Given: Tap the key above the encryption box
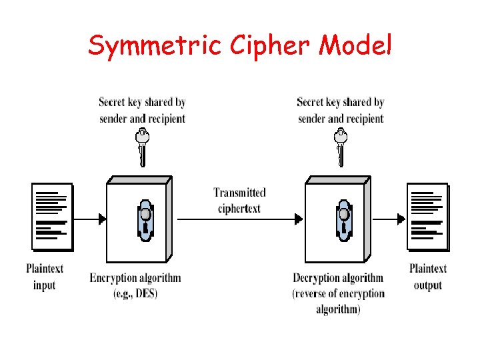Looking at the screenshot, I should coord(141,147).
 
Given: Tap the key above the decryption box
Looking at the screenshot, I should coord(341,147).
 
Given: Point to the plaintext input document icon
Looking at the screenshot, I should coord(52,217).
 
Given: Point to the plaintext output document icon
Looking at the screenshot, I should coord(427,217).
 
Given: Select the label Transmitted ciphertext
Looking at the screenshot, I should coord(239,201).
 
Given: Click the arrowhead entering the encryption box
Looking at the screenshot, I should coord(101,218).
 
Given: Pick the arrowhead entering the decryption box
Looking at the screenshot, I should coord(300,218).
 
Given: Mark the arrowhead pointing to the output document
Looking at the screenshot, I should coord(401,218).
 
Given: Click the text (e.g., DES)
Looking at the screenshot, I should coord(135,293).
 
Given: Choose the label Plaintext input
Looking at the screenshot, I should coord(45,277).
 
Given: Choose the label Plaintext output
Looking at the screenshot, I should coord(427,277).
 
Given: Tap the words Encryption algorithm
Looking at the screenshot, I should coord(135,278).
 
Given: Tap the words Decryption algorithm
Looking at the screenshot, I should coord(338,278).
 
